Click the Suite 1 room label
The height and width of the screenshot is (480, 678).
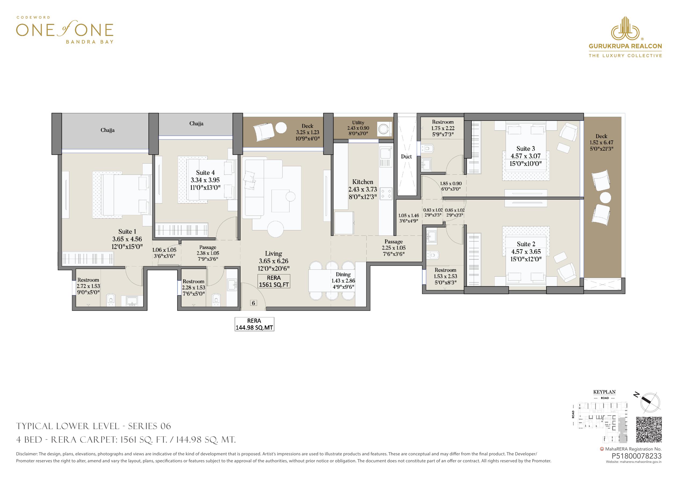(127, 232)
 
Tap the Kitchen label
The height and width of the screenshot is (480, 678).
(363, 182)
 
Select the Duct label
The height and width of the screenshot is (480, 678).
(406, 157)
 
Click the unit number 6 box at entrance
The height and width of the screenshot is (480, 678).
(253, 303)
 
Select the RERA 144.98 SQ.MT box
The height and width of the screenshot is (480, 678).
(254, 324)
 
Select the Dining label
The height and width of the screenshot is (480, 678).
(343, 275)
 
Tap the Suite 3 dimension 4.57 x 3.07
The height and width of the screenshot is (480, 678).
(526, 156)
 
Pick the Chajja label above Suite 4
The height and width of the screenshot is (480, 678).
(196, 124)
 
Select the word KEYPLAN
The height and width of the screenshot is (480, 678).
(604, 392)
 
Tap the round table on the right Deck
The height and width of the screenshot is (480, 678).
(605, 198)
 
